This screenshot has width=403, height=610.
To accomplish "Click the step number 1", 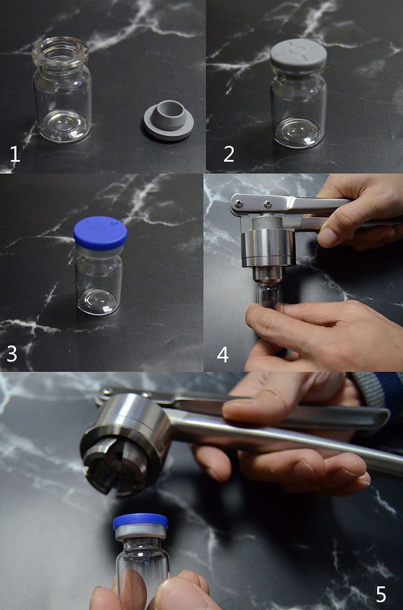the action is coord(15,154).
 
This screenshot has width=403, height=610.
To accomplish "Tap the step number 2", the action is coord(229,154).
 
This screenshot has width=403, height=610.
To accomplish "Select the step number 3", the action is coord(12,354).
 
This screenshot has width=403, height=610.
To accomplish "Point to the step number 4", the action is coord(222,355).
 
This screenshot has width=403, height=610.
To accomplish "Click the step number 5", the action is coord(381,594).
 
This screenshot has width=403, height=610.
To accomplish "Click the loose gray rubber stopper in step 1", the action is coord(168,120).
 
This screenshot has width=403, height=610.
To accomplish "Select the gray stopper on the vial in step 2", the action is coord(298,56).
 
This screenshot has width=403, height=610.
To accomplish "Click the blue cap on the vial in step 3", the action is coord(100,233).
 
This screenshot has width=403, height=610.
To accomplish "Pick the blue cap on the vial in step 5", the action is coord(140,521).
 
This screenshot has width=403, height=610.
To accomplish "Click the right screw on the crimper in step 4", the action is coord(268,203).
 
